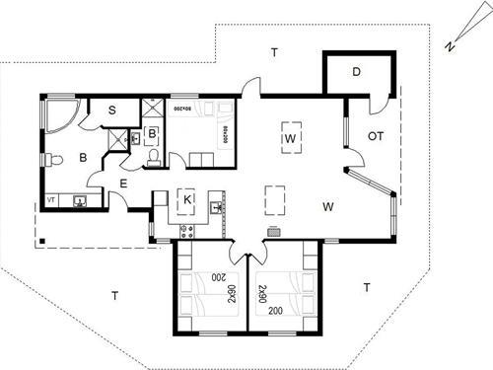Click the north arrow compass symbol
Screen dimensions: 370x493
(449, 43)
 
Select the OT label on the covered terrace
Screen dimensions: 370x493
(376, 136)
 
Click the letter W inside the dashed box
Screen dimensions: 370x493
(291, 137)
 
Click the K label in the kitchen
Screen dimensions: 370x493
(186, 198)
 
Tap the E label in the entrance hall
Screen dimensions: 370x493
(123, 183)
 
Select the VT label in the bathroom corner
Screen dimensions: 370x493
(51, 199)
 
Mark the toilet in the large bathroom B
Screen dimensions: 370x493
(54, 159)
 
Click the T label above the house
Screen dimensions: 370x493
(275, 50)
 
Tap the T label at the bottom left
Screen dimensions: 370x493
(114, 295)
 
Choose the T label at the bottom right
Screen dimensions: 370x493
(366, 287)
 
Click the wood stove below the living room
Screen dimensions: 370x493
(274, 232)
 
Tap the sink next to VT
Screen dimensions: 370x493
(79, 201)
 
